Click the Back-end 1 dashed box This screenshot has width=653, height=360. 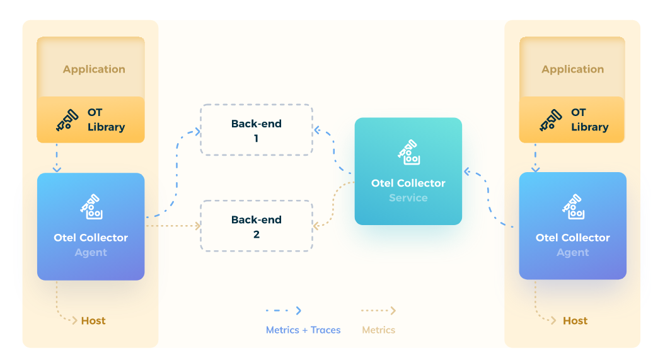click(257, 130)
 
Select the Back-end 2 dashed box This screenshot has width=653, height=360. click(257, 226)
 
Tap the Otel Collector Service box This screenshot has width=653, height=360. click(408, 171)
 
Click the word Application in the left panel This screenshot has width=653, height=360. click(94, 69)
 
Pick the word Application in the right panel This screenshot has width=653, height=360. click(572, 69)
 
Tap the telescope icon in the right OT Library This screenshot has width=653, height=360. click(550, 120)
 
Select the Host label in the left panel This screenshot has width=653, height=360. click(93, 321)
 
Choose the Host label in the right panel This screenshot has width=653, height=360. click(575, 321)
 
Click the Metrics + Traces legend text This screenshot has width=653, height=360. click(303, 330)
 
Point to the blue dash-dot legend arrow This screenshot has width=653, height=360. click(284, 311)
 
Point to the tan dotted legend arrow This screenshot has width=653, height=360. click(378, 311)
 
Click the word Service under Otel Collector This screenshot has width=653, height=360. click(408, 198)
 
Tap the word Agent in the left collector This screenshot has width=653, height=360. click(91, 253)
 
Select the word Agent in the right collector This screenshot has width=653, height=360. click(572, 253)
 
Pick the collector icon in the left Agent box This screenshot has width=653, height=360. click(91, 207)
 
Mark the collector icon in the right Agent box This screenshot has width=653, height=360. click(572, 207)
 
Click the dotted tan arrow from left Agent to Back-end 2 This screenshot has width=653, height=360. click(173, 226)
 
